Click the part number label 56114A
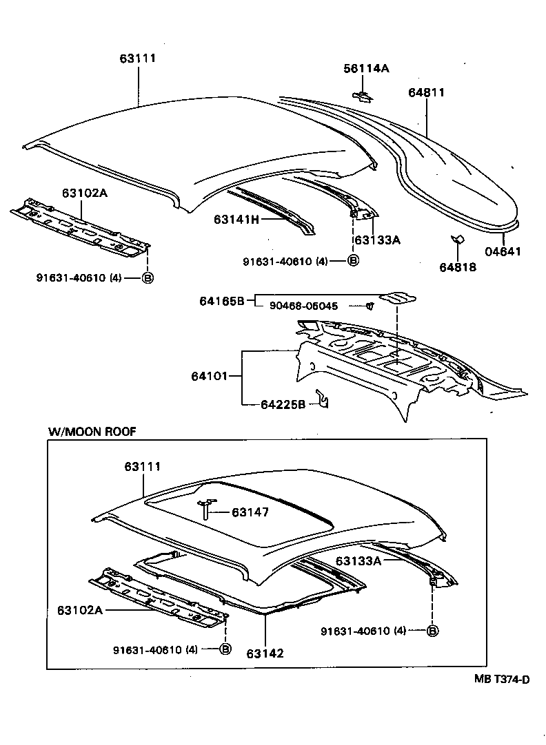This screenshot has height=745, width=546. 366,68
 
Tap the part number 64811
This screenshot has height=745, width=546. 425,92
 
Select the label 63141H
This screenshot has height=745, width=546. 236,220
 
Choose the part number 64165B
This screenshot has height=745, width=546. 223,300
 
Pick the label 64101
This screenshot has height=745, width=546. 210,376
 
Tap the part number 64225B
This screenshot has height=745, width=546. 283,404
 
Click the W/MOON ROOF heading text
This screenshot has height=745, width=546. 92,431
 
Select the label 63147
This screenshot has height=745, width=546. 250,512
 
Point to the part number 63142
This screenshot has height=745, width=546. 265,653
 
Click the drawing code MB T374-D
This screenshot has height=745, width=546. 501,680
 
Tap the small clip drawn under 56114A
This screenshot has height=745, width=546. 363,96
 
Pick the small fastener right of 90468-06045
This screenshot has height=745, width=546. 370,305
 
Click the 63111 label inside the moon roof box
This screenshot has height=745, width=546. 143,467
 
